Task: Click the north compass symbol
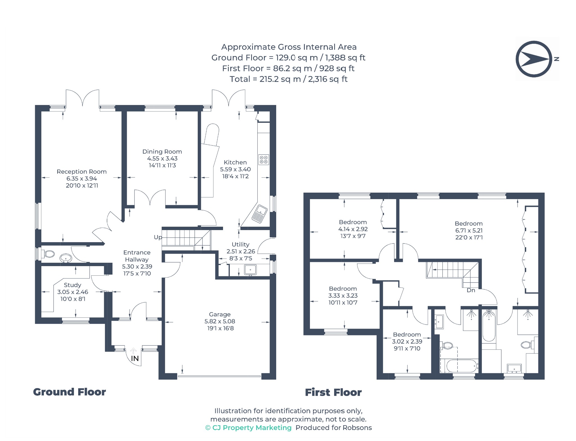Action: click(534, 59)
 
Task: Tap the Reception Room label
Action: click(82, 171)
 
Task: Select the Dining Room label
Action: click(162, 152)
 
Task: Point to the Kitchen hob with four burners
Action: click(264, 160)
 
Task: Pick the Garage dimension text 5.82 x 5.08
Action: click(220, 321)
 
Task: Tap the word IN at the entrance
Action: click(135, 358)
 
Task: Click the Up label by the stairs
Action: click(158, 237)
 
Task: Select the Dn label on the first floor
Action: click(471, 290)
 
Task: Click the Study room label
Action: click(73, 285)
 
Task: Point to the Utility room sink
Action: click(250, 270)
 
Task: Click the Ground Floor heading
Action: click(69, 392)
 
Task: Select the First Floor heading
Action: click(333, 392)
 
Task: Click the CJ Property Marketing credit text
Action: click(249, 428)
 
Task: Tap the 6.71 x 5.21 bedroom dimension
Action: click(469, 230)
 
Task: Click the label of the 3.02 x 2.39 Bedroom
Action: click(407, 335)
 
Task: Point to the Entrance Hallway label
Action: click(137, 256)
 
